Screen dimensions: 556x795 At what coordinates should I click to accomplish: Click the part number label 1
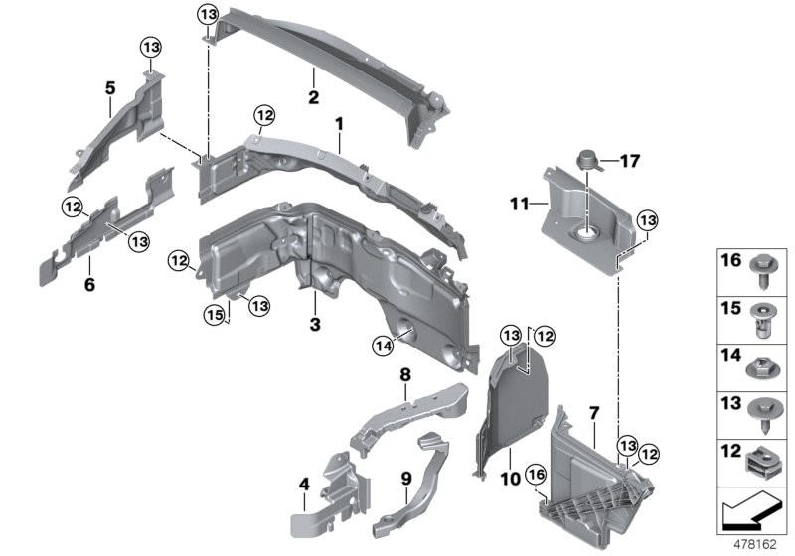(338, 125)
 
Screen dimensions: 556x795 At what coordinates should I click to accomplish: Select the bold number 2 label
(313, 97)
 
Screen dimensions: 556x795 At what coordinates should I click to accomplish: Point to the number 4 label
(305, 485)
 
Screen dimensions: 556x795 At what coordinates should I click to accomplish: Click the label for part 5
(110, 87)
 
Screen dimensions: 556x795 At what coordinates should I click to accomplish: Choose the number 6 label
(88, 264)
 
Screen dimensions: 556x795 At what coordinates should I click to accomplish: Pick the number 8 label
(405, 375)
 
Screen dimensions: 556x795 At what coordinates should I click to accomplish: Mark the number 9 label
(405, 477)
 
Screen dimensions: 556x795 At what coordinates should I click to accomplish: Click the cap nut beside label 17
(586, 158)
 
